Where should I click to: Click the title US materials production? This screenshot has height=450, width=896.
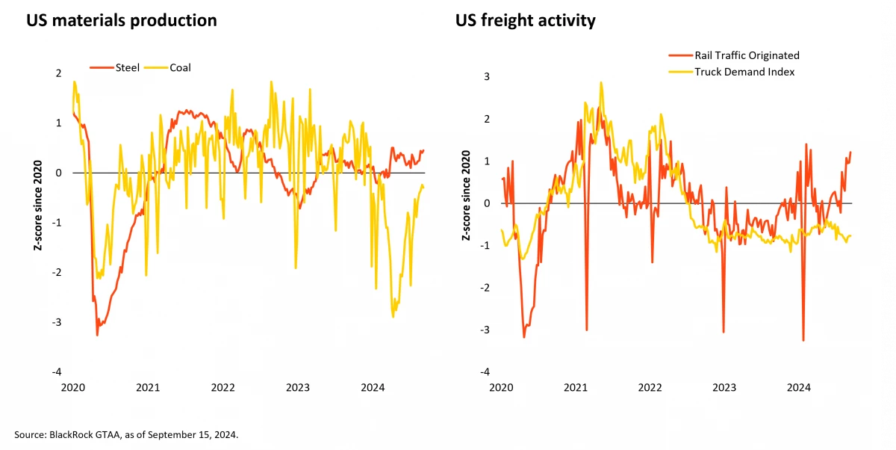pos(122,20)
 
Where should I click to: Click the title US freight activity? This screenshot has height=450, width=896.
pos(526,20)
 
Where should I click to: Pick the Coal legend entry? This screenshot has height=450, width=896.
pos(180,68)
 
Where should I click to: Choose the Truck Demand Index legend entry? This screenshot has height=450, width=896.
pos(744,72)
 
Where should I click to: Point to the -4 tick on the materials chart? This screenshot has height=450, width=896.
pos(57,372)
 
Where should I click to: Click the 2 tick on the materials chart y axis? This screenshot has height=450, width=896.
pos(58,73)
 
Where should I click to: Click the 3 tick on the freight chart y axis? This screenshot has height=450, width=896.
pos(487,77)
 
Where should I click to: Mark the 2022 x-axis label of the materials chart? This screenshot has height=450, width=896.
pos(223,388)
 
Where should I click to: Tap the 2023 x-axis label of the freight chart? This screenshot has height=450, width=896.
pos(724,388)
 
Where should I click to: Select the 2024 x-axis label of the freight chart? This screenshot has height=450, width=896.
pos(799,388)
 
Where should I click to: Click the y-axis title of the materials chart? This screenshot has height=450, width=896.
pos(37,222)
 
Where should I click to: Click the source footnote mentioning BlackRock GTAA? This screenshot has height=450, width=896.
pos(125,434)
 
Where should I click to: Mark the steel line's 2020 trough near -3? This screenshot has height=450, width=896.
pos(97,334)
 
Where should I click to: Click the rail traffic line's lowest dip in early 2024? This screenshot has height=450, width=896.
pos(803,341)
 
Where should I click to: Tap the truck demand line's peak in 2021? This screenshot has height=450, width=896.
pos(600,82)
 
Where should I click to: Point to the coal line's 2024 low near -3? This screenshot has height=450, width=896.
pos(393,317)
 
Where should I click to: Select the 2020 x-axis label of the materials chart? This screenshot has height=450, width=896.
pos(72,388)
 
